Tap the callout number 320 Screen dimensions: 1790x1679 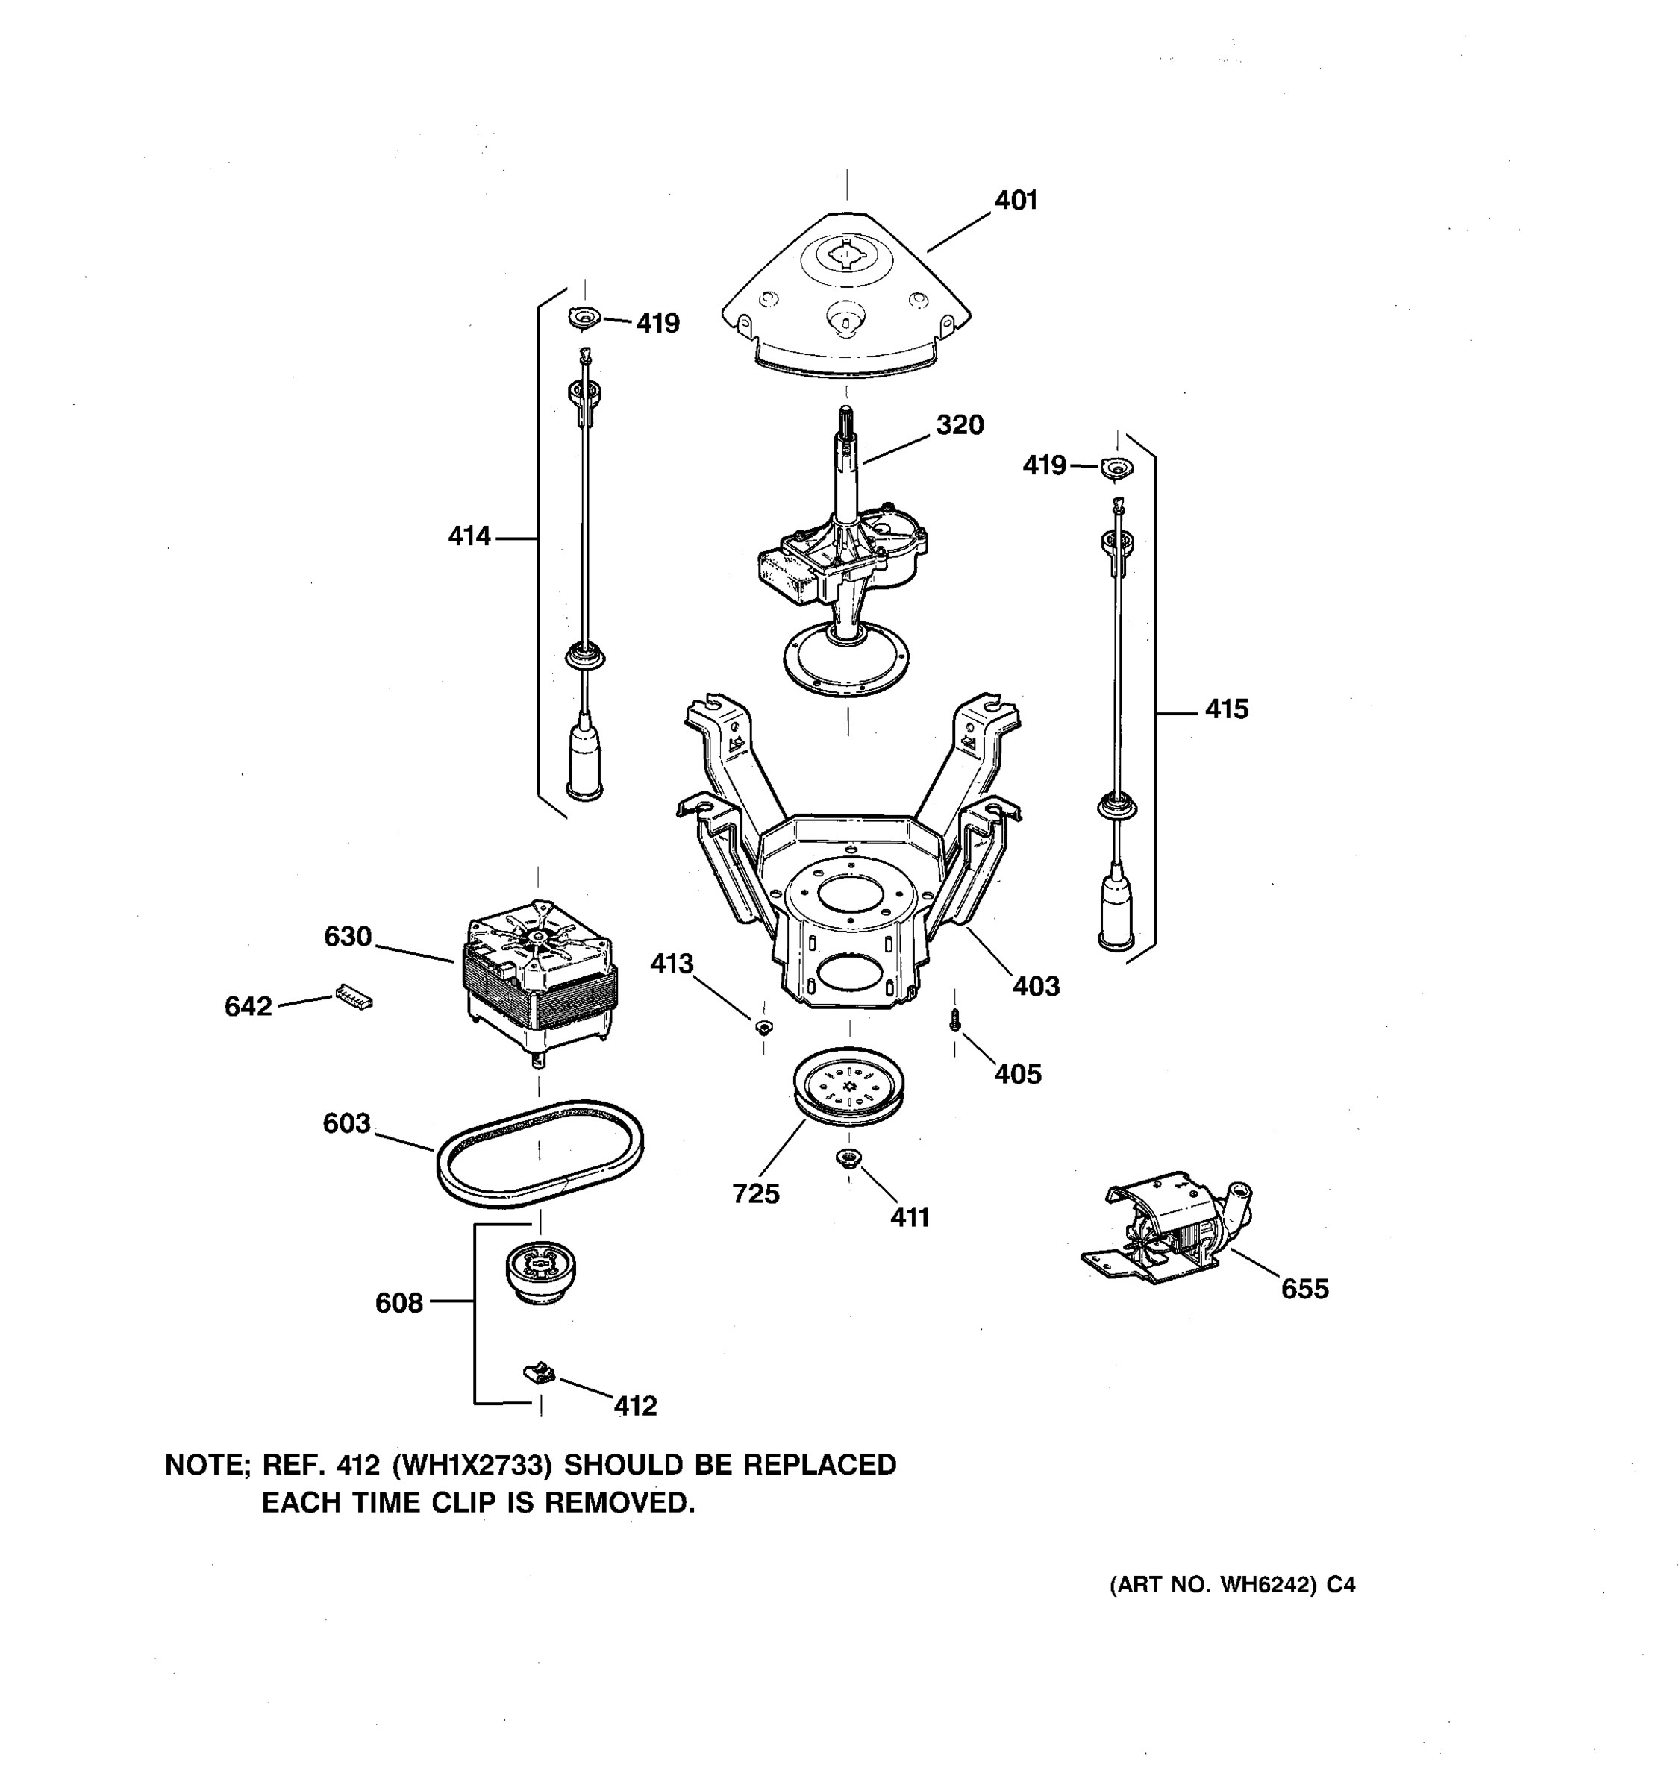click(960, 425)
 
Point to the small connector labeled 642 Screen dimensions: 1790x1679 click(353, 996)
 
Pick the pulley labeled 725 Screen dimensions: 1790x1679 click(848, 1087)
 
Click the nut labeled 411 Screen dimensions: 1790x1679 click(848, 1159)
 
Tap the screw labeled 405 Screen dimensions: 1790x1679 click(955, 1021)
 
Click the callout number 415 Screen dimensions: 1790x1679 click(1226, 709)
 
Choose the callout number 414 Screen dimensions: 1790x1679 click(469, 537)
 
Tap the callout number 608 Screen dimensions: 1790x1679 click(399, 1303)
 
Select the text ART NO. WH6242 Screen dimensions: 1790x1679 click(1212, 1586)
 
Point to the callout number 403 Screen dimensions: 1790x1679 click(1035, 986)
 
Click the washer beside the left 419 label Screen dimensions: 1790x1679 click(584, 317)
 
